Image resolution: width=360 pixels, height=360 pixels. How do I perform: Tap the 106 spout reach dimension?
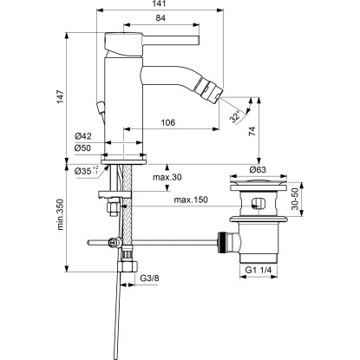169,122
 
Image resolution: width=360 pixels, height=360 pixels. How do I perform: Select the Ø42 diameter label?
84,135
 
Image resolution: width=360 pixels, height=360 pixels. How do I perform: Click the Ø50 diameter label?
84,147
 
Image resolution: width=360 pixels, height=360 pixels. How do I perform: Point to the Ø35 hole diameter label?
84,171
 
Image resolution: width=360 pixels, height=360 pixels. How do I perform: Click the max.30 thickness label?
167,178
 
